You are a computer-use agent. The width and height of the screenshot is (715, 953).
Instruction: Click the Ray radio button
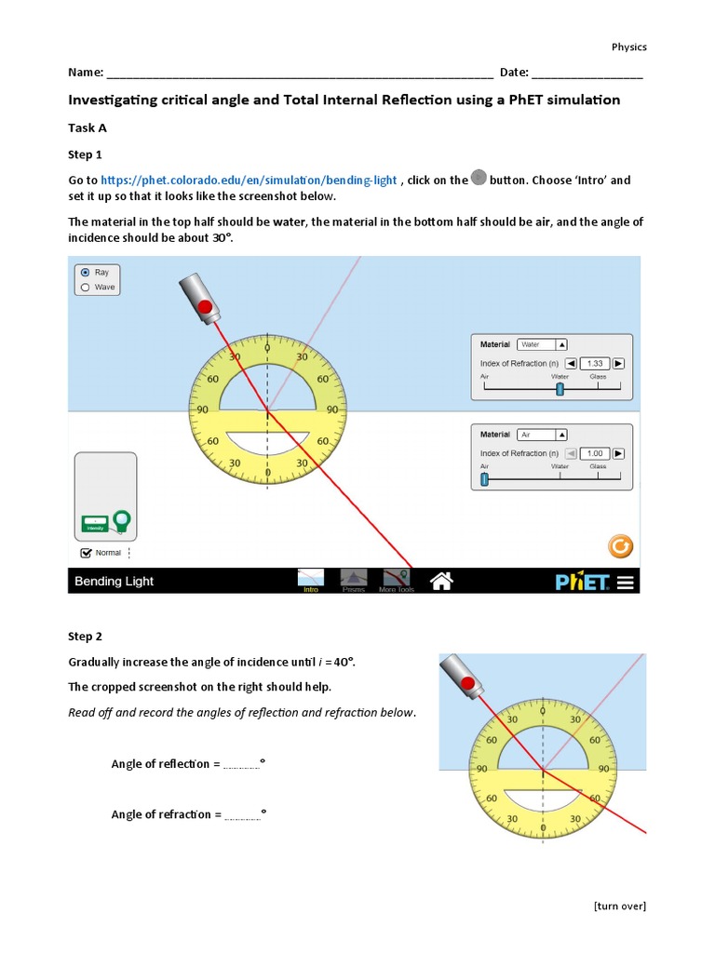coord(86,273)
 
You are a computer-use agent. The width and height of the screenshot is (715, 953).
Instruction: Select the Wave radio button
coord(86,288)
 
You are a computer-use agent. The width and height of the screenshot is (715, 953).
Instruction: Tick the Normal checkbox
coord(87,552)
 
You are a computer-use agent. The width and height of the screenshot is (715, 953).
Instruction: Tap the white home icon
coord(441,581)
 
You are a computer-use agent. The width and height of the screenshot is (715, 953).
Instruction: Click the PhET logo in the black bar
coord(582,582)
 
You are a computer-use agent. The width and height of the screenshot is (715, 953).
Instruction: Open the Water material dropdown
coord(542,344)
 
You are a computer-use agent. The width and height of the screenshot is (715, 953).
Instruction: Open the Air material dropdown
coord(542,435)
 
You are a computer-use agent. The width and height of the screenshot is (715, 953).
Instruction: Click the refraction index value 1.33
coord(595,363)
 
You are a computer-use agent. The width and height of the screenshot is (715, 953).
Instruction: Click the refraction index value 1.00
coord(595,453)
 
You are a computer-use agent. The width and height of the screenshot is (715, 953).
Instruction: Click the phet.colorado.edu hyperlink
coord(249,180)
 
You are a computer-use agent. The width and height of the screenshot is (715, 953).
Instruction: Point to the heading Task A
coord(88,128)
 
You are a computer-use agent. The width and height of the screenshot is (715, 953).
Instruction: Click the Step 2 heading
coord(85,637)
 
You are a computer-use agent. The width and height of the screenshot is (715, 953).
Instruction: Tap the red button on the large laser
coord(206,307)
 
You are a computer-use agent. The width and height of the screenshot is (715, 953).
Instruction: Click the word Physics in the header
coord(628,47)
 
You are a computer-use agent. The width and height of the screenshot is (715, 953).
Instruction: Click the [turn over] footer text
coord(619,906)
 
